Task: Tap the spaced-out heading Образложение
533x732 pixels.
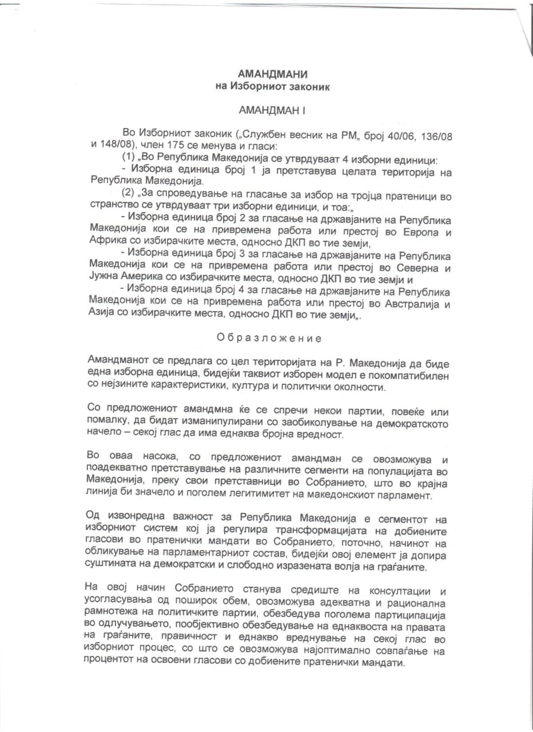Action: (x=269, y=338)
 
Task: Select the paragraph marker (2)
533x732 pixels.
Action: (x=129, y=196)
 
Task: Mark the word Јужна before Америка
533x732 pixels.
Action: (x=106, y=280)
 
